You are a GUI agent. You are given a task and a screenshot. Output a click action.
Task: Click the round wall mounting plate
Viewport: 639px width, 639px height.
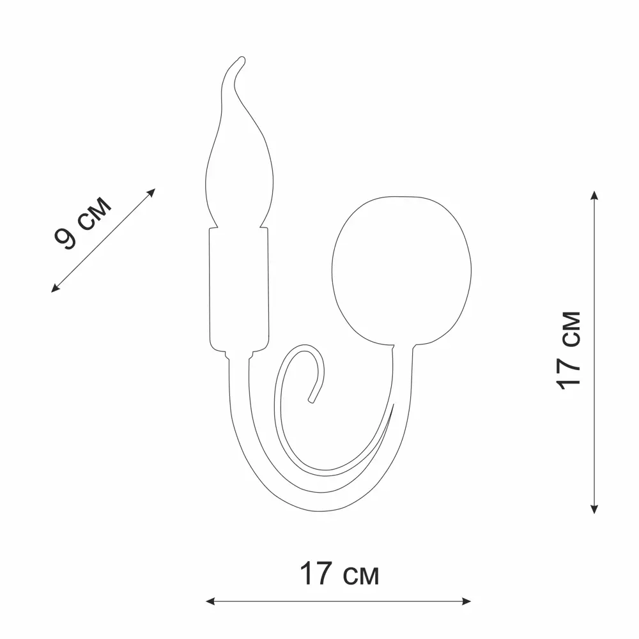coord(401,270)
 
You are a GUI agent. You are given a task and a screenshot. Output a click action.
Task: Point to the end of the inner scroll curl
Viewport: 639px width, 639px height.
coord(312,401)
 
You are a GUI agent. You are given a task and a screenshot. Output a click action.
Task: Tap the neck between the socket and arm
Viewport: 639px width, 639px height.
coord(239,355)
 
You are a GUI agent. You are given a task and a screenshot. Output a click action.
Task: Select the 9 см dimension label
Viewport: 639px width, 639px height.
coord(82,222)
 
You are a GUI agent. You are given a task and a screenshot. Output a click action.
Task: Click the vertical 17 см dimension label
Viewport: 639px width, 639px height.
coord(569,350)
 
